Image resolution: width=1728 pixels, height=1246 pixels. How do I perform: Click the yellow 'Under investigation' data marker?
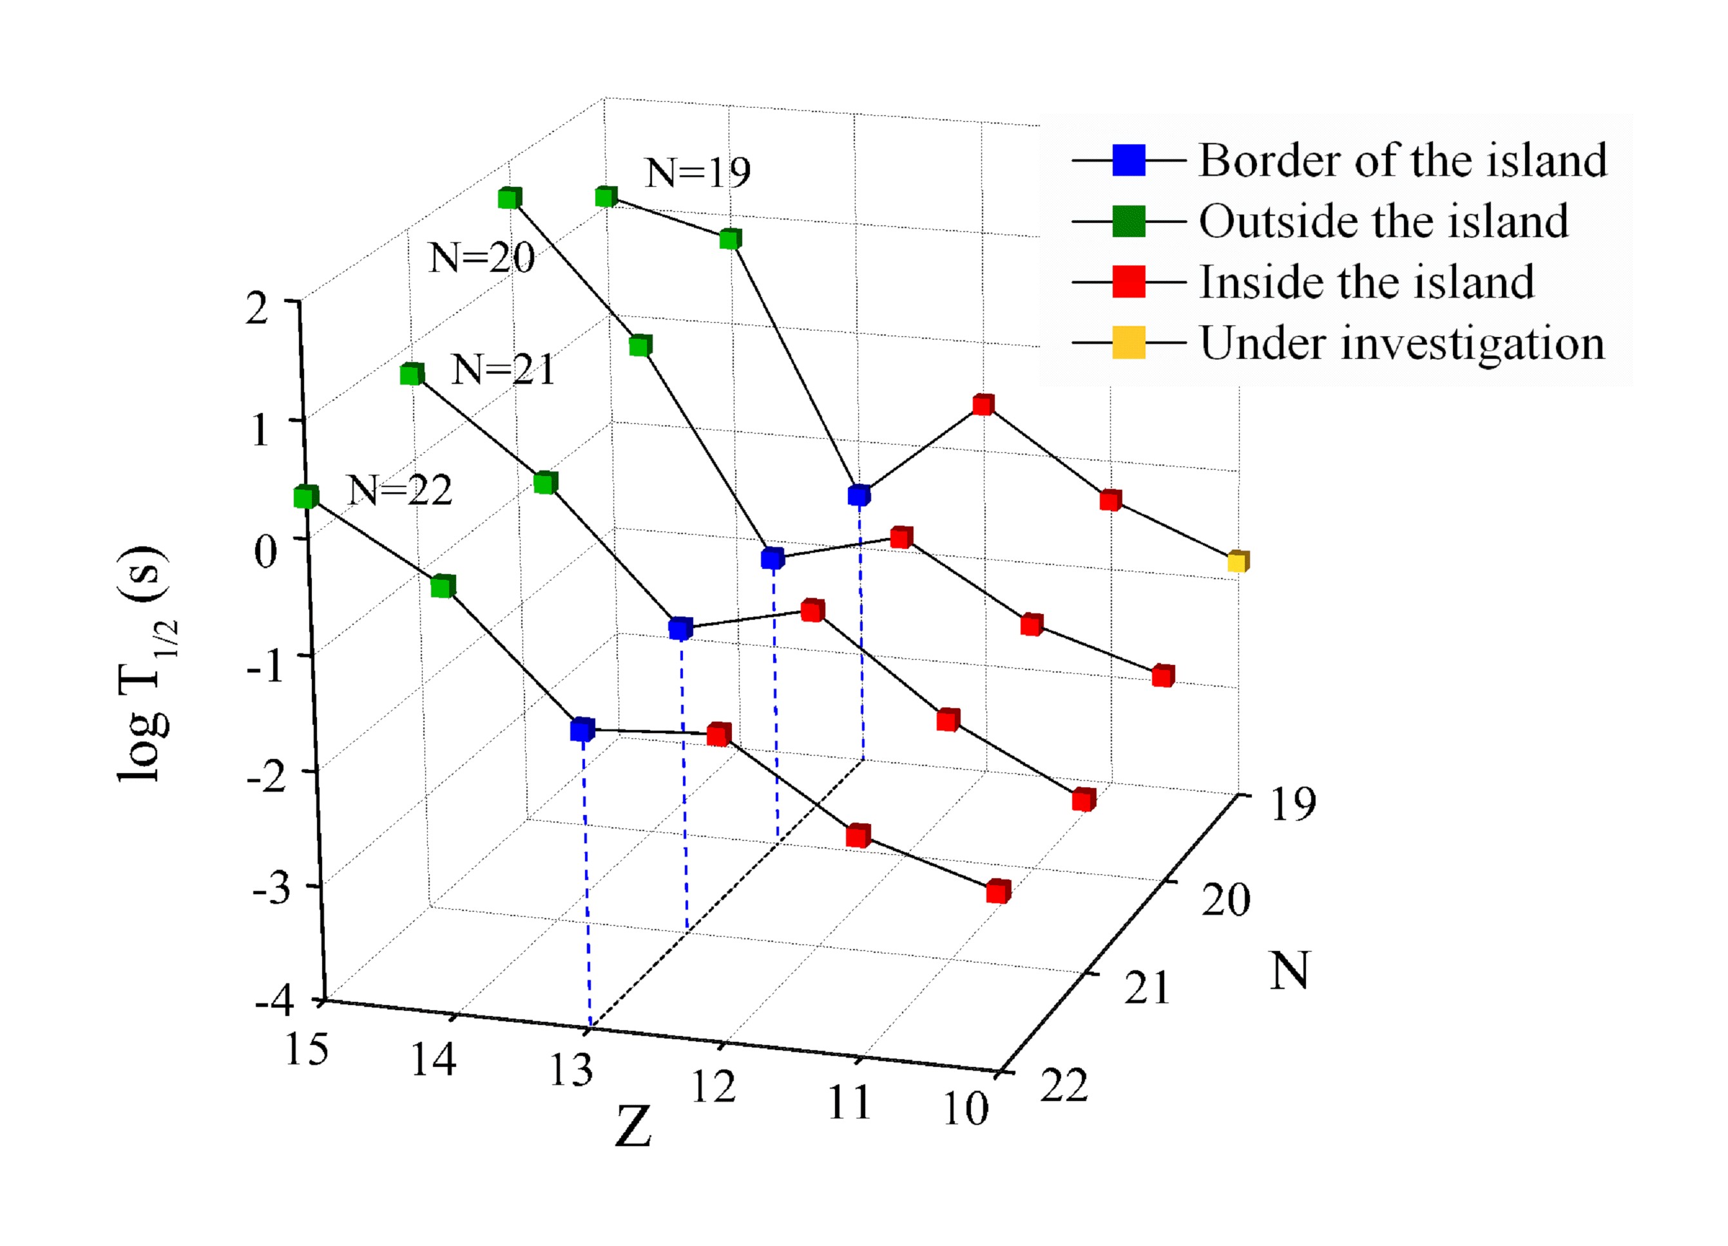1238,562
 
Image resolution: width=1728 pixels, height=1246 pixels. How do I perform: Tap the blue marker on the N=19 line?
859,495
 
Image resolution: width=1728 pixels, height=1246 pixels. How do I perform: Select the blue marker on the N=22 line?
582,729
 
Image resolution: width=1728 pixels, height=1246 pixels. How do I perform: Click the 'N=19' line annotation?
697,173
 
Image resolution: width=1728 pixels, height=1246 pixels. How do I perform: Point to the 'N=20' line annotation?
481,258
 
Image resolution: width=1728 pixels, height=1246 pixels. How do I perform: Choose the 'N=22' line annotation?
399,490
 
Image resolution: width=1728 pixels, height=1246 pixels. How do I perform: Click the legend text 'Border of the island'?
1403,161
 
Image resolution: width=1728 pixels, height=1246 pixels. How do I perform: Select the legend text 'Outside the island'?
1383,222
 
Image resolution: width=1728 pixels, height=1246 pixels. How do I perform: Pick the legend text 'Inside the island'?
1367,283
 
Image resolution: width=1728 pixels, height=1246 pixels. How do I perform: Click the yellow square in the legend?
1128,343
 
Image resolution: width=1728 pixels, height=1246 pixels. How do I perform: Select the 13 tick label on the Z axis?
571,1069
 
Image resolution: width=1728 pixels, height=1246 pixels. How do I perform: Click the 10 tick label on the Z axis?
965,1109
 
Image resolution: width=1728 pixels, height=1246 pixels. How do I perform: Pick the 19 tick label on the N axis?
1293,804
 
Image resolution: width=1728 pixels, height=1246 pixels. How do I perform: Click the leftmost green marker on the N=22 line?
305,497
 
